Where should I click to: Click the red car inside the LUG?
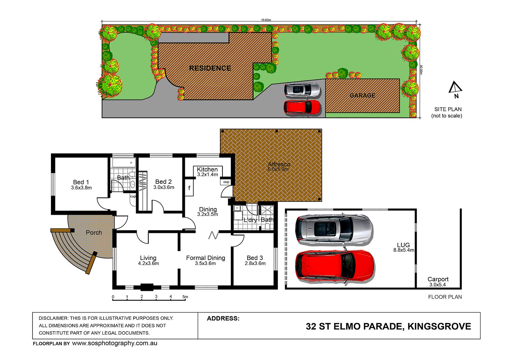pyautogui.click(x=335, y=266)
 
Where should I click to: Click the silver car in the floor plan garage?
pyautogui.click(x=334, y=229)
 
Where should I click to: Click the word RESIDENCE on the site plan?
pyautogui.click(x=210, y=68)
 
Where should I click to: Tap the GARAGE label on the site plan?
pyautogui.click(x=362, y=95)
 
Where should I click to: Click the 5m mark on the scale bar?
pyautogui.click(x=185, y=297)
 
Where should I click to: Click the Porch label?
pyautogui.click(x=94, y=233)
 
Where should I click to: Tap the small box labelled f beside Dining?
pyautogui.click(x=189, y=188)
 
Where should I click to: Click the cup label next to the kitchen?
pyautogui.click(x=226, y=182)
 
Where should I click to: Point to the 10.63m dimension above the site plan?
pyautogui.click(x=266, y=20)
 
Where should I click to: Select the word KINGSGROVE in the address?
pyautogui.click(x=439, y=327)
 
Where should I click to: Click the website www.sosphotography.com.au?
pyautogui.click(x=114, y=343)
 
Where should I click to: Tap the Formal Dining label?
pyautogui.click(x=206, y=258)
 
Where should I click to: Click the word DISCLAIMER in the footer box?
pyautogui.click(x=53, y=318)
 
